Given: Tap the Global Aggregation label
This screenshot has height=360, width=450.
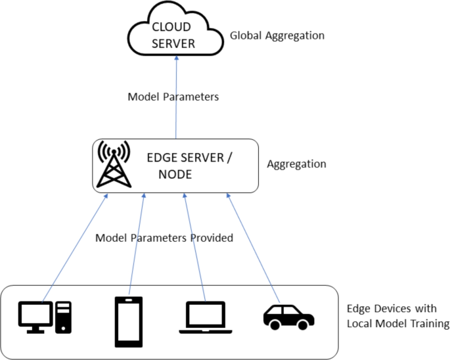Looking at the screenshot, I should (277, 35).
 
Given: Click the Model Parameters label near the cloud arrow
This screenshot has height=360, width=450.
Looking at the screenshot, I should (173, 97).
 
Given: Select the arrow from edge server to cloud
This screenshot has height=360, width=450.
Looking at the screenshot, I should (176, 99).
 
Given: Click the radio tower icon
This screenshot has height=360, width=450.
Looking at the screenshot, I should (112, 165).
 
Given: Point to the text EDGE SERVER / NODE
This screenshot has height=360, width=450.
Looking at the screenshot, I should (189, 166).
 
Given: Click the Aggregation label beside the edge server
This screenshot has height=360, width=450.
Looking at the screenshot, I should (296, 164).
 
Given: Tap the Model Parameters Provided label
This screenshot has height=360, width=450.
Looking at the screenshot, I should (164, 238).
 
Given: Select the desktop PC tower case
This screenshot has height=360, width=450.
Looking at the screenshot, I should (63, 316).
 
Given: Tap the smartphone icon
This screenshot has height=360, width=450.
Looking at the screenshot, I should (128, 321).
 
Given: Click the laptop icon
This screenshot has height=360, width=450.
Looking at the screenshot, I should (204, 317).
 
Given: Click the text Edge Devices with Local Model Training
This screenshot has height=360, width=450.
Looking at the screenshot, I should (397, 317).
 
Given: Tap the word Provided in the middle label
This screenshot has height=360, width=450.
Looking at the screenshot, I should (212, 238).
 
